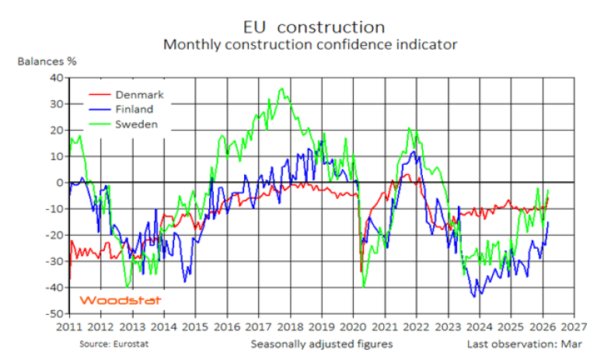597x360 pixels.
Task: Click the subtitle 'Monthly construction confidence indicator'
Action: (309, 44)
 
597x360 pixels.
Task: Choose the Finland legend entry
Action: (134, 110)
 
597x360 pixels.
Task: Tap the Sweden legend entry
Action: (136, 124)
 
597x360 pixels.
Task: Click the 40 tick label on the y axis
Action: (56, 78)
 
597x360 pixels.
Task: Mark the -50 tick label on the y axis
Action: (54, 314)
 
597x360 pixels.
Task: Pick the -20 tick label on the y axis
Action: (54, 235)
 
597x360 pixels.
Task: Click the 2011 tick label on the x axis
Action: (70, 327)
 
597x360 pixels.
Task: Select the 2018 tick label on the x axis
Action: (291, 327)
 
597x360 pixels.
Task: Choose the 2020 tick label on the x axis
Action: (354, 327)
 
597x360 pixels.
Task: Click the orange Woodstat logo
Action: (108, 300)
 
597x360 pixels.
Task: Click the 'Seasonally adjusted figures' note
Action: (321, 343)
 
